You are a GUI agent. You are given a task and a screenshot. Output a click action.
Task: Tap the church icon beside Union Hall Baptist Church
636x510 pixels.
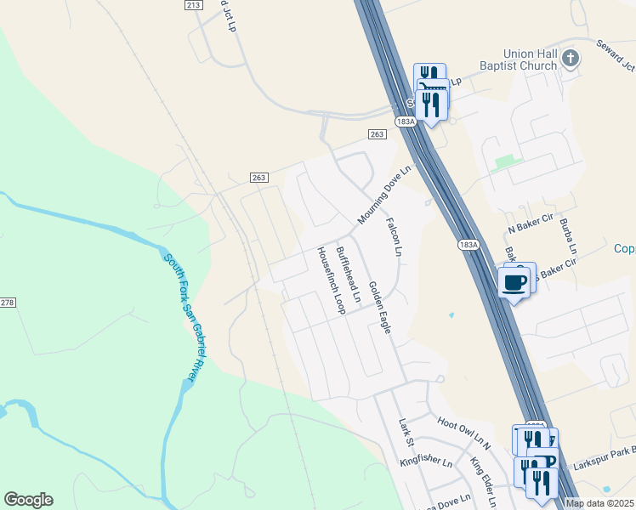571,59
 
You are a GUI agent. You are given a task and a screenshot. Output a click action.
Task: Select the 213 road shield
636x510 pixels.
193,5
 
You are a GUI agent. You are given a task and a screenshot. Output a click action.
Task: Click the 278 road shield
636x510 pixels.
8,303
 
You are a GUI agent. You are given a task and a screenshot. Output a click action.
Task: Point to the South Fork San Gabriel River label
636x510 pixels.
187,317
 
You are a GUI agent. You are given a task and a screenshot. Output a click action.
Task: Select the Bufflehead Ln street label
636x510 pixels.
349,276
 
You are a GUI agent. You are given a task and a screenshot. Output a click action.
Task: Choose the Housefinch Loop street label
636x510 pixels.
330,280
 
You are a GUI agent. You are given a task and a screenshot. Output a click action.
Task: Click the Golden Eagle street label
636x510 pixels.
379,307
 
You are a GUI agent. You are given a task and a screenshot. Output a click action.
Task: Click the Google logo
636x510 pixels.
28,500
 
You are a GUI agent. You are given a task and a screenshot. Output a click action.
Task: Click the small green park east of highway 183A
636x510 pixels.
506,161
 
